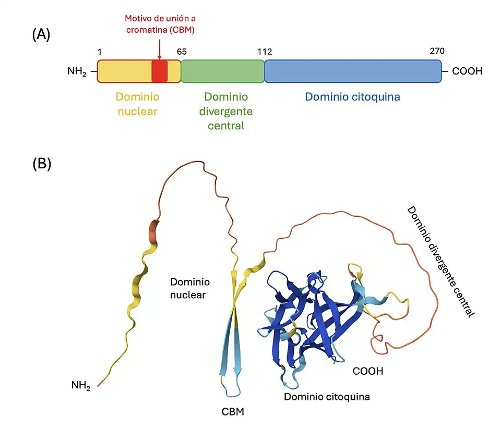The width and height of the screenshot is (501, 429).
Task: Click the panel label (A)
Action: (41, 35)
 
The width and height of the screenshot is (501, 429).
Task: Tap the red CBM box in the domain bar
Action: (159, 71)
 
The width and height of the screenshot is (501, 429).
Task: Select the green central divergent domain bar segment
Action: (222, 71)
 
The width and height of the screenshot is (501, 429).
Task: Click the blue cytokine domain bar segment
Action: (353, 71)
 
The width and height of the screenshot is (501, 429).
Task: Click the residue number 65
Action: (182, 52)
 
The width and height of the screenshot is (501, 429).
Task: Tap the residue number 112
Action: (265, 52)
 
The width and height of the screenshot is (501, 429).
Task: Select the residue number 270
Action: (436, 52)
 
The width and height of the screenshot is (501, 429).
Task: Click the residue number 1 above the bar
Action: (100, 52)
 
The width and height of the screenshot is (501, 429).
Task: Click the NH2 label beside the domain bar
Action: (77, 71)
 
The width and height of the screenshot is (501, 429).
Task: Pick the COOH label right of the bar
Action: (467, 71)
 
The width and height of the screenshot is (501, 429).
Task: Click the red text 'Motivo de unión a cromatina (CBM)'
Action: (159, 24)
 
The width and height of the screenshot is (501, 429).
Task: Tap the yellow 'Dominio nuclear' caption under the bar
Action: (137, 104)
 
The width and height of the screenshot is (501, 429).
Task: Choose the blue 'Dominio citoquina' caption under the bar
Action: (352, 97)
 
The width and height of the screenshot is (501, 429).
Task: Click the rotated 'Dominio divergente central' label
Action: (441, 261)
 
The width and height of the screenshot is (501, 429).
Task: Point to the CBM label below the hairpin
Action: (233, 412)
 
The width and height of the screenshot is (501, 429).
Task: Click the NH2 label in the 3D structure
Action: (81, 386)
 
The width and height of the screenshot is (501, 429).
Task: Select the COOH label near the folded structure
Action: (368, 372)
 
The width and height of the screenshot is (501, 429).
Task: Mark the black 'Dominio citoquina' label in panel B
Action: (327, 397)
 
